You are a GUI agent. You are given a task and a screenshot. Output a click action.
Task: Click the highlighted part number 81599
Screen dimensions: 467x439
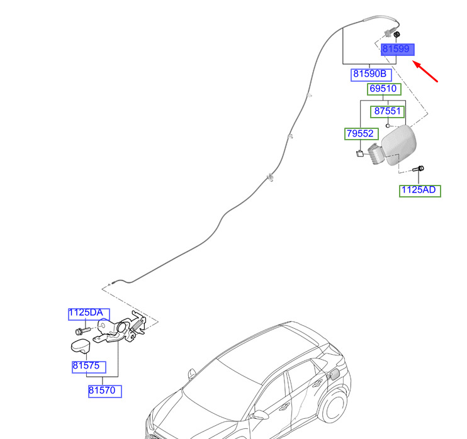398,49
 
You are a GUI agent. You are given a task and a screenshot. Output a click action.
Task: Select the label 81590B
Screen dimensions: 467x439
371,74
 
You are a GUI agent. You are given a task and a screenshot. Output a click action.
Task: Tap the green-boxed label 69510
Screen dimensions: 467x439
384,89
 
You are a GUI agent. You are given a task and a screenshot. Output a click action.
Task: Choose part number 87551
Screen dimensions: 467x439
388,111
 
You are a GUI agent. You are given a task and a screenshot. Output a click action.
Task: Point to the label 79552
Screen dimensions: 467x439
361,133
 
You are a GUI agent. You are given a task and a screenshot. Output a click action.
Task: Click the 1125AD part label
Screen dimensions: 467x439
420,191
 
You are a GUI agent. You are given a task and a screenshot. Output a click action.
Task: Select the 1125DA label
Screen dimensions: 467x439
89,314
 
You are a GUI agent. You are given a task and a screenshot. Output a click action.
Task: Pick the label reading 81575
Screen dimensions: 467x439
89,367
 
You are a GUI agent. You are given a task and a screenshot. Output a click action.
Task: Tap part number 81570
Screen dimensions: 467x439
105,391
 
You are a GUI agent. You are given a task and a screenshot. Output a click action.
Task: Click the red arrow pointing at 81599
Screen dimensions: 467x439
425,71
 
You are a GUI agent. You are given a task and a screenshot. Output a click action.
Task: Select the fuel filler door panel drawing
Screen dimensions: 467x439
399,145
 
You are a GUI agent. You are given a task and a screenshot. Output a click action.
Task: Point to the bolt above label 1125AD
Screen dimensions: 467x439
418,169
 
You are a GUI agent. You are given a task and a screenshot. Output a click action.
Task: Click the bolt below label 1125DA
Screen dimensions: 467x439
82,331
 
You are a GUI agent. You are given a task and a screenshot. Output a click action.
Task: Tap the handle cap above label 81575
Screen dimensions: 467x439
81,346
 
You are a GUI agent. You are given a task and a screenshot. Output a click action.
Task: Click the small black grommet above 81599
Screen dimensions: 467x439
397,35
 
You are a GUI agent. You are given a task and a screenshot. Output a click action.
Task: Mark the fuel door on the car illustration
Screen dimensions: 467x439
334,374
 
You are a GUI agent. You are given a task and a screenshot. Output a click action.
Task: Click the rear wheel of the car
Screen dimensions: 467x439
335,406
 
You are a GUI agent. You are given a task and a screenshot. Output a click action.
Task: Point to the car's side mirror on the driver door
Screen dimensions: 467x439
259,414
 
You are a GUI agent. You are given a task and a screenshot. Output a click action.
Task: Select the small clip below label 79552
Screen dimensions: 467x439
360,153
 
